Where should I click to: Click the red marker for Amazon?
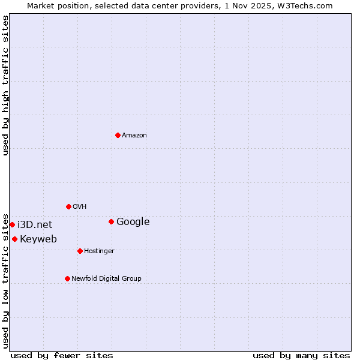pos(118,135)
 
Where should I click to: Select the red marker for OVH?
pos(68,206)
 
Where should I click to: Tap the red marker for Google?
pos(111,221)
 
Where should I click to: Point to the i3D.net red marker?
pos(12,224)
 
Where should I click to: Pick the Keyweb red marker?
pos(14,239)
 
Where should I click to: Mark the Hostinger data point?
pos(80,251)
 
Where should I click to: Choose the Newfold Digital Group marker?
pos(67,278)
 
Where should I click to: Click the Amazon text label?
pos(134,136)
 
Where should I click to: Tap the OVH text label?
pos(80,207)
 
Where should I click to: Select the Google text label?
pos(133,222)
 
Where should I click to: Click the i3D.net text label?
pos(35,225)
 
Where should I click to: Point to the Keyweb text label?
pos(38,239)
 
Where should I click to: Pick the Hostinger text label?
pos(99,251)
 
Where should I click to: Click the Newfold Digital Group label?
pos(106,279)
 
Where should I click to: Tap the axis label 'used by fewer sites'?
pos(62,355)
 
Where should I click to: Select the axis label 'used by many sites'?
pos(301,355)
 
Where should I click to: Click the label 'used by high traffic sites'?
pos(6,85)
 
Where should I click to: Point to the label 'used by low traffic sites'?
pos(6,280)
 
